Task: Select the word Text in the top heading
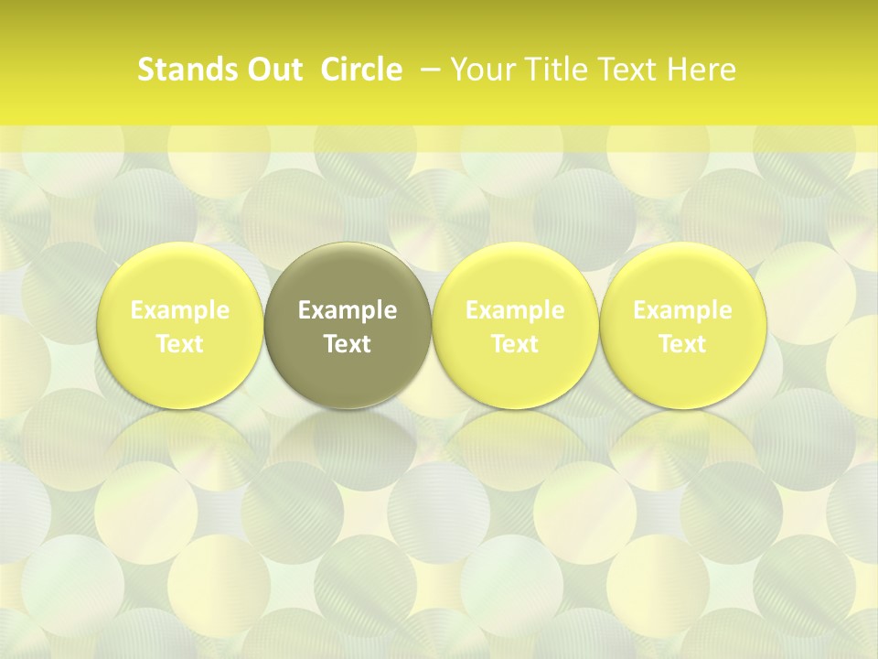[630, 70]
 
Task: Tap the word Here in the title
[702, 70]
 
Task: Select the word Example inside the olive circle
[348, 310]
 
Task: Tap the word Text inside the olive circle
[348, 344]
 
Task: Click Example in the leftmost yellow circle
[180, 310]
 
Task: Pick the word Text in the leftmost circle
[180, 344]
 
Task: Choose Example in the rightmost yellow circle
[682, 310]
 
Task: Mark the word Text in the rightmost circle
[682, 344]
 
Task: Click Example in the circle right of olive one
[515, 310]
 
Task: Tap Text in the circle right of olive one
[515, 344]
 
